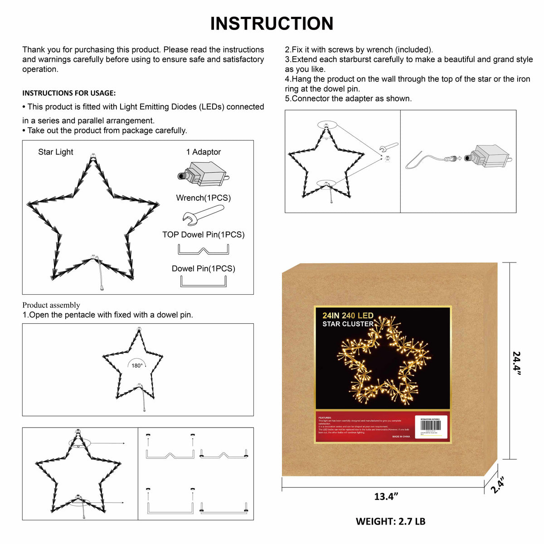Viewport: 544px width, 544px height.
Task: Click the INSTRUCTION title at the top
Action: (x=272, y=24)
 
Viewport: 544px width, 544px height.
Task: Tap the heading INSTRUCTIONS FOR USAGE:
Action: (x=69, y=93)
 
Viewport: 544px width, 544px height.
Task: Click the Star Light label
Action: (x=55, y=152)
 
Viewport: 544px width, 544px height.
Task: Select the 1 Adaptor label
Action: (x=204, y=152)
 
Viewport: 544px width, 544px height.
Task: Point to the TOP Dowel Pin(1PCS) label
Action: (x=204, y=234)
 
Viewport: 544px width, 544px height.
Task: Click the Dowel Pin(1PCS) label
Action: (x=204, y=268)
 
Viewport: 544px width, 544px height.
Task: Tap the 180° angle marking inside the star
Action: (x=137, y=365)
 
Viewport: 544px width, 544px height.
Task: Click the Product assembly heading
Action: (x=51, y=305)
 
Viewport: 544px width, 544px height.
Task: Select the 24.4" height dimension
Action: (x=517, y=363)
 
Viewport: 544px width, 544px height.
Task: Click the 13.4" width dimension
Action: (x=386, y=496)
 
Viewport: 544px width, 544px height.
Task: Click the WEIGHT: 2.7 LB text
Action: (x=390, y=521)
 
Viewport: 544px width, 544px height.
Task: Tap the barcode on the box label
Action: (x=430, y=425)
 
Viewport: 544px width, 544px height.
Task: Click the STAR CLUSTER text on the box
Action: (x=348, y=324)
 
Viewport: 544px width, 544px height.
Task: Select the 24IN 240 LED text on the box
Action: (x=348, y=316)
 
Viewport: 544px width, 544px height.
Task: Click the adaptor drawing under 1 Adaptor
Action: (x=202, y=175)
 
